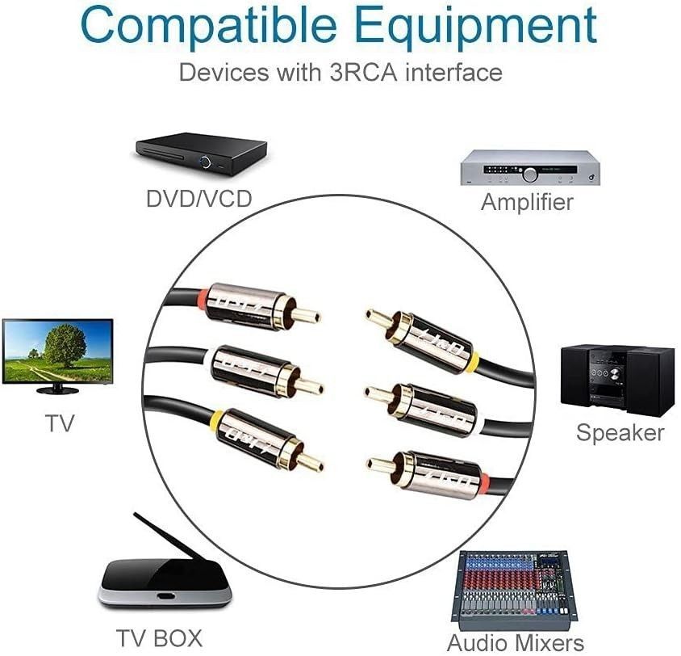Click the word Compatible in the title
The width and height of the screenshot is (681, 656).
[x=209, y=27]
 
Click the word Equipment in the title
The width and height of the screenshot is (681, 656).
[x=475, y=27]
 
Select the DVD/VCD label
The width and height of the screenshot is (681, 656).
[x=199, y=199]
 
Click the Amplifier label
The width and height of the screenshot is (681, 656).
[x=527, y=202]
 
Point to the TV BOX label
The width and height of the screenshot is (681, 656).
[x=160, y=638]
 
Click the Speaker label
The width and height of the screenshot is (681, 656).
[x=620, y=433]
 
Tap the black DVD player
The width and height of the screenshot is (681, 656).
[x=201, y=153]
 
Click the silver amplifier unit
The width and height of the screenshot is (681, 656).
[x=530, y=168]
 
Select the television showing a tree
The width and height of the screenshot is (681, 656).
[x=58, y=356]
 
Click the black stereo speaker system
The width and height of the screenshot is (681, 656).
[x=617, y=381]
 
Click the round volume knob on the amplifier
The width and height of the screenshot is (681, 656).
[x=530, y=175]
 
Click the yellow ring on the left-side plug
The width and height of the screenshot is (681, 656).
[x=215, y=421]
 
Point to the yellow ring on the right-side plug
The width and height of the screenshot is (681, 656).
[x=474, y=360]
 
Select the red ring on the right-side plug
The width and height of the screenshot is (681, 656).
[x=484, y=482]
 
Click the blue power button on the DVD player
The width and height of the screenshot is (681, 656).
[x=205, y=162]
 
